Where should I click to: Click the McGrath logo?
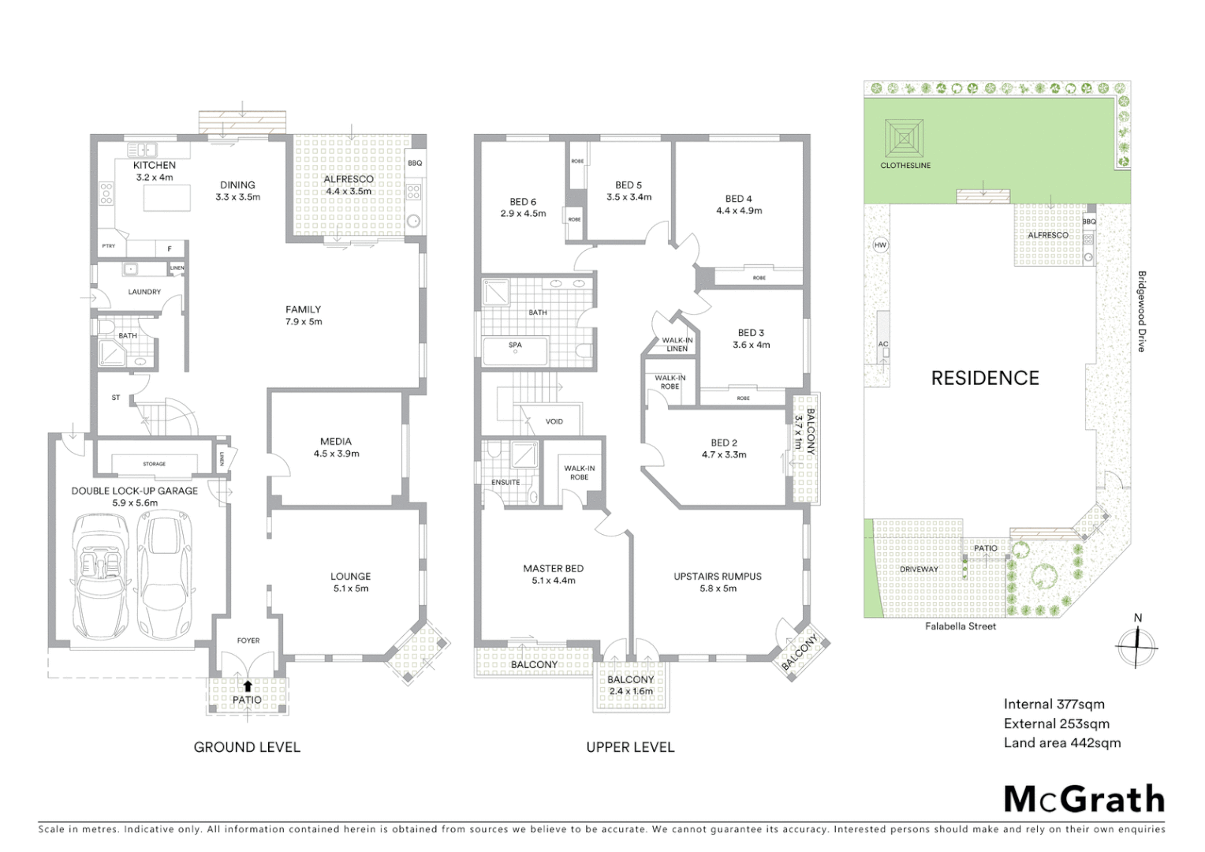click(1084, 799)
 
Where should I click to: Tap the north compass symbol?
click(1136, 645)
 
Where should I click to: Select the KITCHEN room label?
click(155, 165)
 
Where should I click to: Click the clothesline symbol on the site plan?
click(904, 140)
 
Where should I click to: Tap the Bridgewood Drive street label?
click(1141, 312)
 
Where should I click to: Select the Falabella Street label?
click(961, 626)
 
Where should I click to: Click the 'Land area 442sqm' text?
click(1061, 742)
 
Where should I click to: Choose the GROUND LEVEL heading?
click(247, 747)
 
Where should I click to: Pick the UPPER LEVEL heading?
click(630, 747)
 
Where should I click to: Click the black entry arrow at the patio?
click(248, 686)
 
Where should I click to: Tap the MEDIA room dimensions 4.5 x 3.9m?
click(337, 454)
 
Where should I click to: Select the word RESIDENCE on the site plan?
click(985, 378)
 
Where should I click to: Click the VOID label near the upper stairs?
click(554, 421)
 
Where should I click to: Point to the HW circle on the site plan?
click(880, 245)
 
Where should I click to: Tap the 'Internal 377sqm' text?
click(1054, 704)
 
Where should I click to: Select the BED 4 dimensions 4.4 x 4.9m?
click(739, 211)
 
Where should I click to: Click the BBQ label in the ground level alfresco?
click(415, 163)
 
